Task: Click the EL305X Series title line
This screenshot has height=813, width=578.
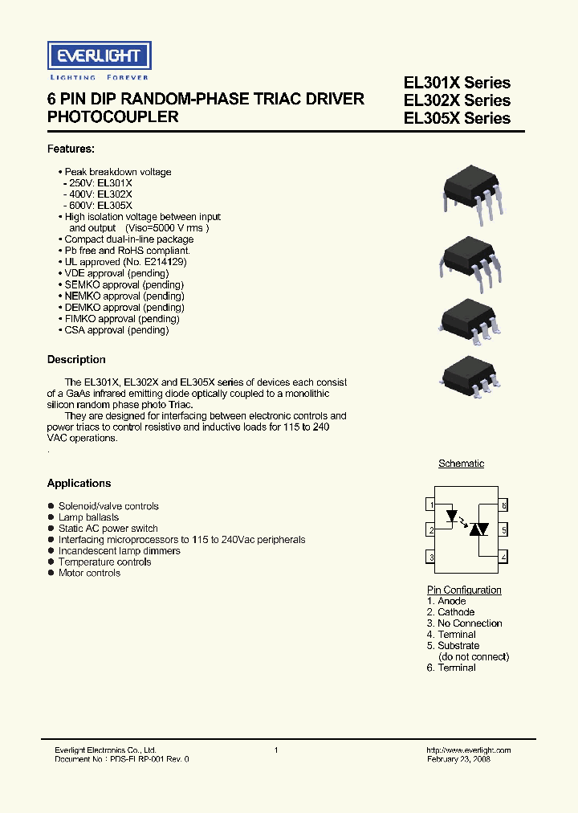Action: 457,118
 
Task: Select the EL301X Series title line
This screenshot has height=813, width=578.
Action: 457,83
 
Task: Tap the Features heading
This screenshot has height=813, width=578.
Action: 71,149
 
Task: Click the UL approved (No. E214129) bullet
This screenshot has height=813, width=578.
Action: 122,262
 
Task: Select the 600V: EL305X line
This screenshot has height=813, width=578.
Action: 98,206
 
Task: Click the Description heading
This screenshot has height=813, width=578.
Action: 76,359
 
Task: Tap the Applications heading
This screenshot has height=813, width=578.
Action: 79,483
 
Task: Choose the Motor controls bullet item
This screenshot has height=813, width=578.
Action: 89,573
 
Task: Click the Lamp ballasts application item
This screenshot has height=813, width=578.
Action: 88,517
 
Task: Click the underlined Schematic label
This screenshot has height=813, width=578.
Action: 461,464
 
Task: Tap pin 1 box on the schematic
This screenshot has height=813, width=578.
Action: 432,505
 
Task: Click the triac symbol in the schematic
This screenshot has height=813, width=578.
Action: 479,529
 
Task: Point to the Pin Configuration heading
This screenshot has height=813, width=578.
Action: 464,590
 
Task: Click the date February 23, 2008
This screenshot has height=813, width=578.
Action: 458,759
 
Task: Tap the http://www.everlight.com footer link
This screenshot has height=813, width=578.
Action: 468,750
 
